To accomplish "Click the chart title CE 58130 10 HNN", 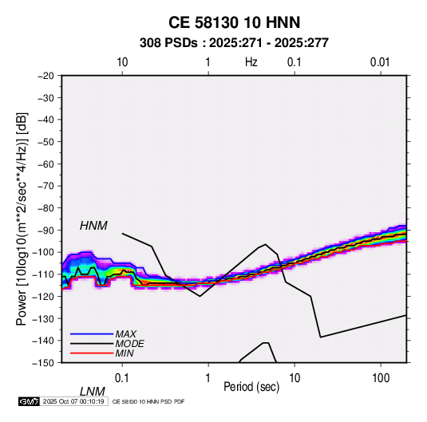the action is coord(234,22).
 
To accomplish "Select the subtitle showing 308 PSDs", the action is coord(234,43).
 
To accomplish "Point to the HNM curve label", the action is coord(93,226).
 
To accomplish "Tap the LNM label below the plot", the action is coord(93,392).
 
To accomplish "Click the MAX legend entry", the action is coord(126,333).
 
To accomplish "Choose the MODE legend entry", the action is coord(129,344).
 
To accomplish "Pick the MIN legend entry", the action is coord(125,353).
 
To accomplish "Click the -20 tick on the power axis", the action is coord(45,76).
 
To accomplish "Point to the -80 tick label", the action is coord(45,208).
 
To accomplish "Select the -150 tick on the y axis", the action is coord(43,363).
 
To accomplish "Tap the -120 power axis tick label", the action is coord(43,296).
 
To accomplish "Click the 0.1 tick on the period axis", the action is coord(122,378).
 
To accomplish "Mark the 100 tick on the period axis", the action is coord(381,378).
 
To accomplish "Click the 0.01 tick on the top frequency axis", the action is coord(380,62).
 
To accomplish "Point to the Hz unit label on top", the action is coord(251,62).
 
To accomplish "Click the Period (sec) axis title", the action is coord(251,387).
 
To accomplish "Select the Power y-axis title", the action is coord(22,219).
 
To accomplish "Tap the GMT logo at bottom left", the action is coord(29,401).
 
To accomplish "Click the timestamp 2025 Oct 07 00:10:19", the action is coord(73,401).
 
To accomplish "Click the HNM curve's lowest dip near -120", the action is coord(200,296).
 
